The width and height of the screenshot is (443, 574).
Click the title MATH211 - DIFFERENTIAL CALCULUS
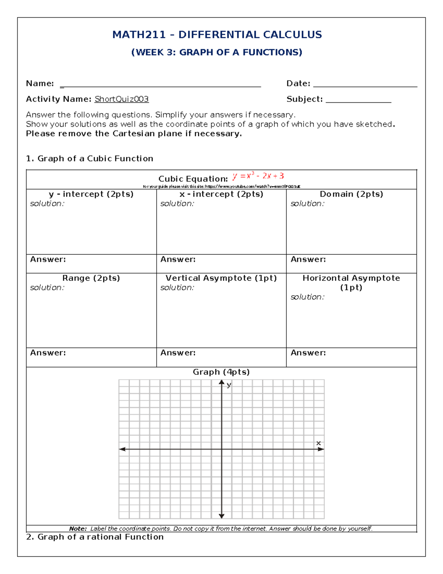(217, 35)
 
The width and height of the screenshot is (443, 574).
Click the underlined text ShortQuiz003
(121, 99)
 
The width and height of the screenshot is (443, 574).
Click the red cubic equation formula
(258, 176)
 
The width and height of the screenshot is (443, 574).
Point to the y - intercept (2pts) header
(91, 194)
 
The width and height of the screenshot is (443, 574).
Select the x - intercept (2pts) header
(221, 194)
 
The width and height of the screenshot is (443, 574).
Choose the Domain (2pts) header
(351, 194)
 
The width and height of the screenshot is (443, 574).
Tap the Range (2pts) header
(91, 278)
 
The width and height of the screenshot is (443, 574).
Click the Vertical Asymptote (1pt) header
(221, 278)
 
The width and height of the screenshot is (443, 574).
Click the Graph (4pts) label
(221, 372)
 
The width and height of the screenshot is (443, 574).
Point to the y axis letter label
(229, 385)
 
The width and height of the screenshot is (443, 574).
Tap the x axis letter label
(318, 443)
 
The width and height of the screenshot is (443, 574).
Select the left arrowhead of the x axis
(122, 449)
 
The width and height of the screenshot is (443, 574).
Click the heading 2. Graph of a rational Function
(95, 537)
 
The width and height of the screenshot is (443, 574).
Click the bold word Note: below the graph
(78, 529)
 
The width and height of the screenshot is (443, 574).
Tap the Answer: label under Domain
(308, 259)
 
